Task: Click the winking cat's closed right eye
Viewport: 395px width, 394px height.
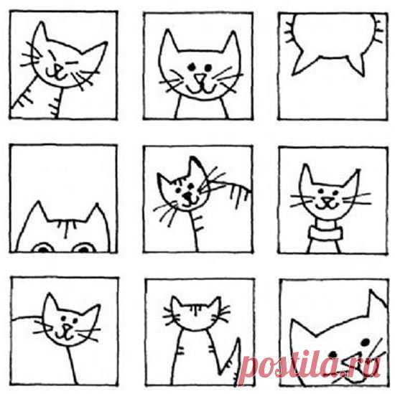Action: [x=71, y=62]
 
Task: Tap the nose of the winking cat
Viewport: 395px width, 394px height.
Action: [x=58, y=68]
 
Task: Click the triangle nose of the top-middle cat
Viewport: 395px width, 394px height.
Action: [x=200, y=78]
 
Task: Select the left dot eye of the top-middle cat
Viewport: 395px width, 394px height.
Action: [x=192, y=67]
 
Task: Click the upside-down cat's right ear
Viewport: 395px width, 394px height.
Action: [x=356, y=64]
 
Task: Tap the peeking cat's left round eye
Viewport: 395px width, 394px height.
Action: [x=43, y=248]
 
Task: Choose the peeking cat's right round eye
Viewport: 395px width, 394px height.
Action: [x=84, y=248]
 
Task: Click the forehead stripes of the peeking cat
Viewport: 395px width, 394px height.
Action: [x=67, y=227]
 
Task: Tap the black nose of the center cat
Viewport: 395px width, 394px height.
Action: [x=187, y=196]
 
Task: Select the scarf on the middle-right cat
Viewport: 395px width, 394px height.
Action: [x=325, y=232]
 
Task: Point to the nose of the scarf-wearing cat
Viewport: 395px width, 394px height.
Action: [x=327, y=200]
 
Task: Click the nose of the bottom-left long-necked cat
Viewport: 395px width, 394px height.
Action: [x=67, y=327]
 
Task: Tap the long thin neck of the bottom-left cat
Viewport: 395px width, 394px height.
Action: [x=72, y=365]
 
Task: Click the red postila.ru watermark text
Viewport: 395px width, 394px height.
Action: [x=310, y=365]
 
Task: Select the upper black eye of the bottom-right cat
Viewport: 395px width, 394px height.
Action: [x=365, y=342]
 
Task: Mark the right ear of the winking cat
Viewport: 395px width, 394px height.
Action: [x=95, y=57]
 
